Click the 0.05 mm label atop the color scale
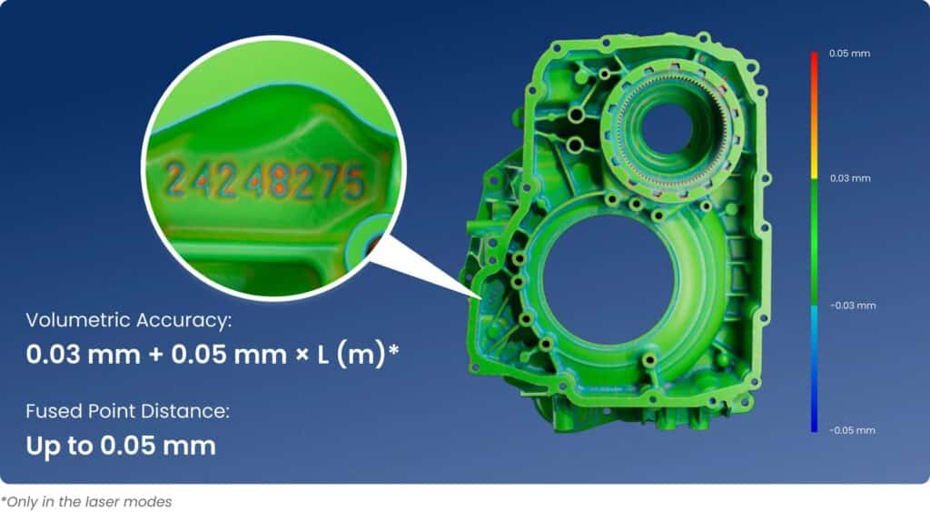click(849, 54)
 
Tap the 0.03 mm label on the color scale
click(850, 178)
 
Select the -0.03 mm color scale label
click(853, 306)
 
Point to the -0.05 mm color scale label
click(852, 430)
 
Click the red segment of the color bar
click(815, 77)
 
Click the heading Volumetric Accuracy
click(129, 320)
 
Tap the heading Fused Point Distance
click(127, 411)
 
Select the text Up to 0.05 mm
click(121, 446)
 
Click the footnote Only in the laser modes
click(86, 502)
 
